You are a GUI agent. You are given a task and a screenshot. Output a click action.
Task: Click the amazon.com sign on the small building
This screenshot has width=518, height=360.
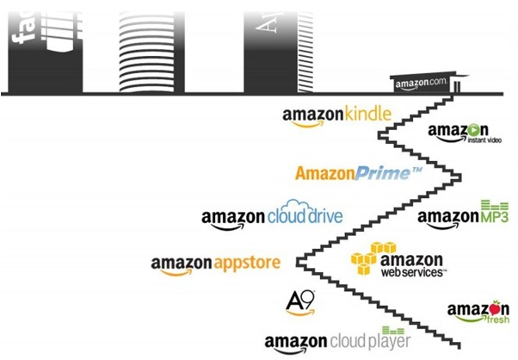click(x=422, y=84)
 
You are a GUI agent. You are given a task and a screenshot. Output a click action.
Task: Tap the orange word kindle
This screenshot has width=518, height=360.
click(x=367, y=113)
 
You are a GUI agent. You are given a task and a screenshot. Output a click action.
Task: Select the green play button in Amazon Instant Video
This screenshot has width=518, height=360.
click(x=472, y=130)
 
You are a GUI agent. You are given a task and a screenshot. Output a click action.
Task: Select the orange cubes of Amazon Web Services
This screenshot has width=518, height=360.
click(x=365, y=258)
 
